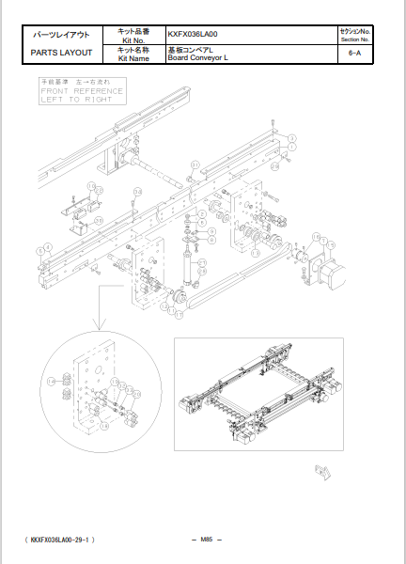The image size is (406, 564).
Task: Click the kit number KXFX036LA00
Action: pos(193,34)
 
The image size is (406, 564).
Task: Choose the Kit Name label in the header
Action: pos(133,58)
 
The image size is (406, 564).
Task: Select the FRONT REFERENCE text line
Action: pos(81,91)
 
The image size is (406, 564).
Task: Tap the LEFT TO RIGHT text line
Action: pos(75,100)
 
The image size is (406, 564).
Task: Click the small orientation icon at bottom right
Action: pos(321,469)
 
